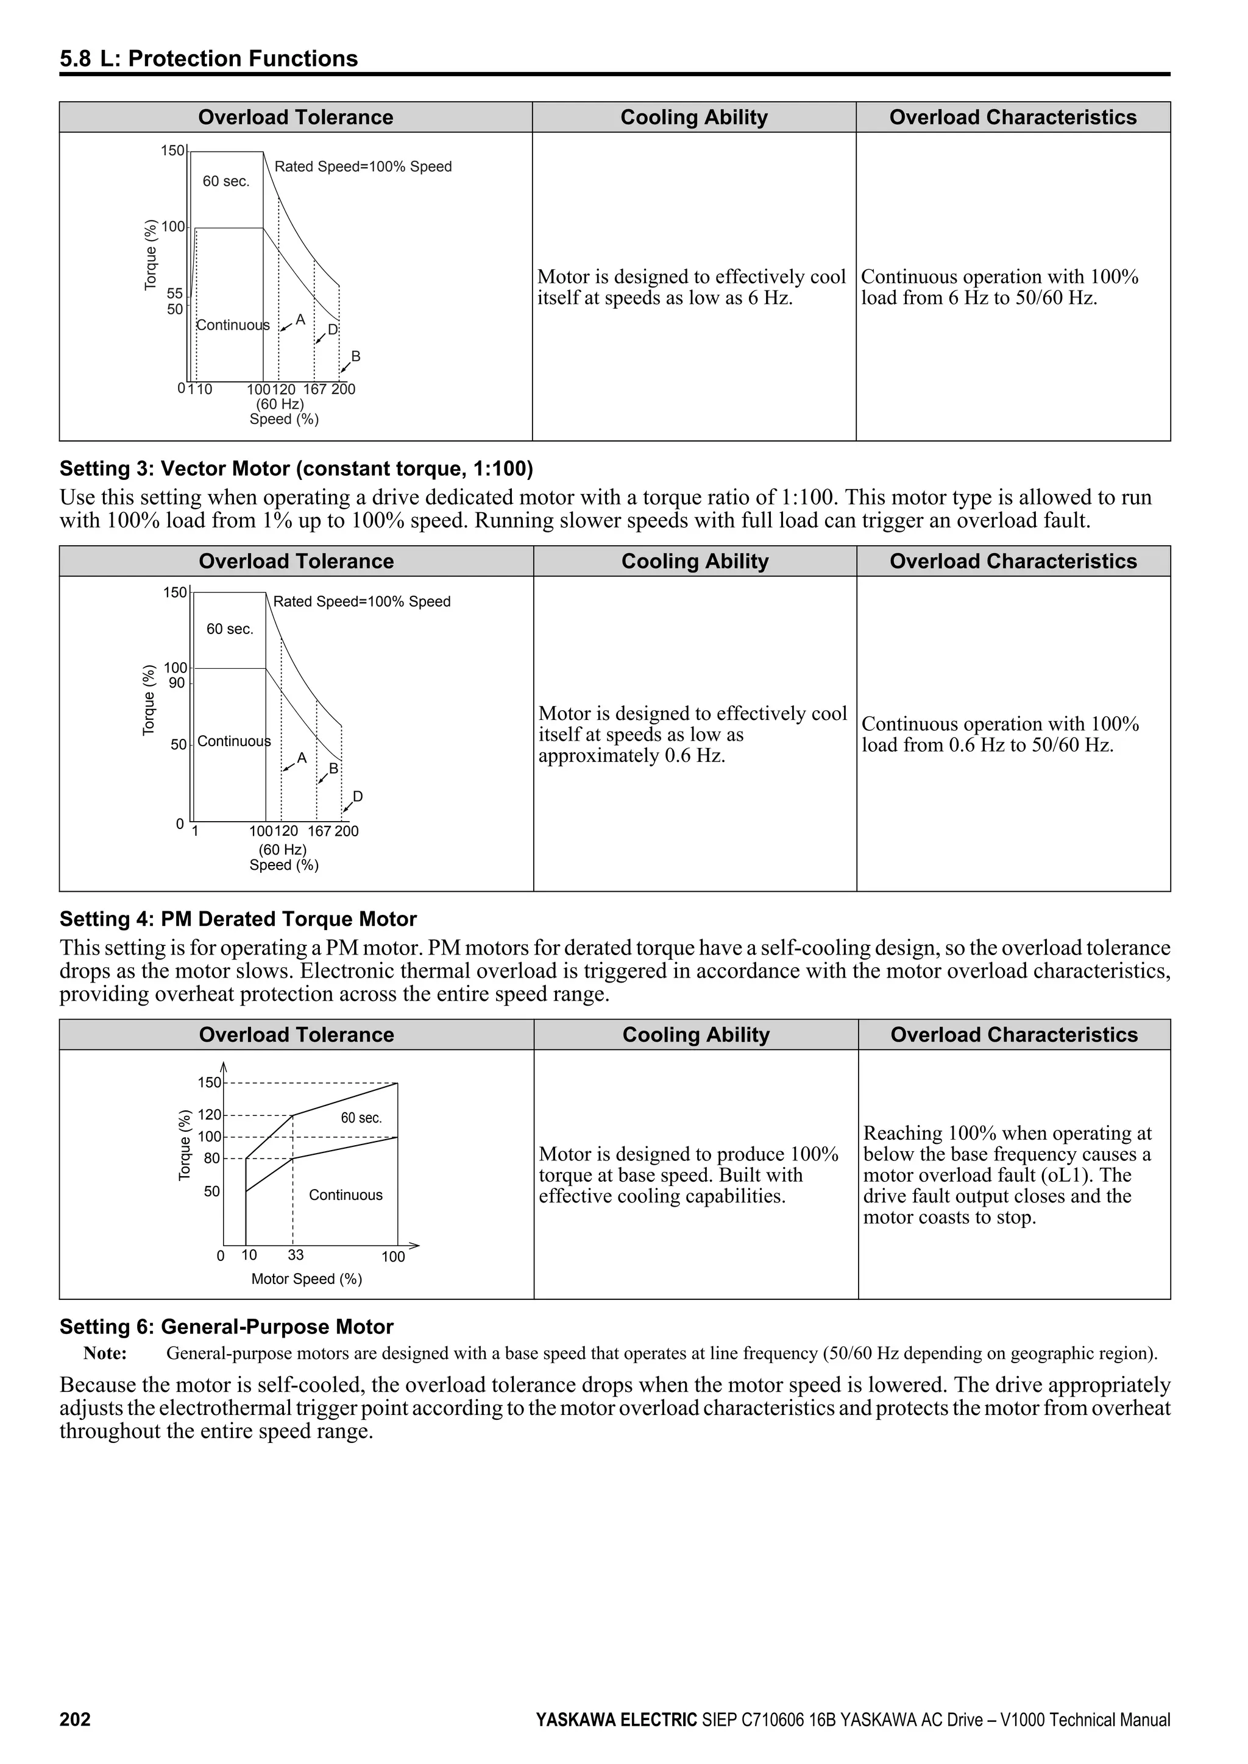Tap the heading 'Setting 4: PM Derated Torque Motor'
[x=238, y=919]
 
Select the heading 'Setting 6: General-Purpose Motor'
[x=227, y=1327]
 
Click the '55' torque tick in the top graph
[x=174, y=294]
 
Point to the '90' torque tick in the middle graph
[x=177, y=683]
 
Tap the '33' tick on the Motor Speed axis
[x=296, y=1255]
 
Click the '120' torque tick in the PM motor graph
[x=209, y=1115]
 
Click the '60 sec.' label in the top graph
[x=226, y=182]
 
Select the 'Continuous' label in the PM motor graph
[x=346, y=1194]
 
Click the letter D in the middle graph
[x=357, y=797]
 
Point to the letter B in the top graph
[x=356, y=356]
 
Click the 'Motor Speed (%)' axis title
[x=307, y=1279]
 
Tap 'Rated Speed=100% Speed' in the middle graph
[x=362, y=602]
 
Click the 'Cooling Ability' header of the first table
[x=694, y=118]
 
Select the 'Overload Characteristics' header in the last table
[x=1013, y=1035]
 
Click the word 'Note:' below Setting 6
[x=105, y=1353]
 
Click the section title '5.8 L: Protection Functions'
[x=209, y=59]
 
